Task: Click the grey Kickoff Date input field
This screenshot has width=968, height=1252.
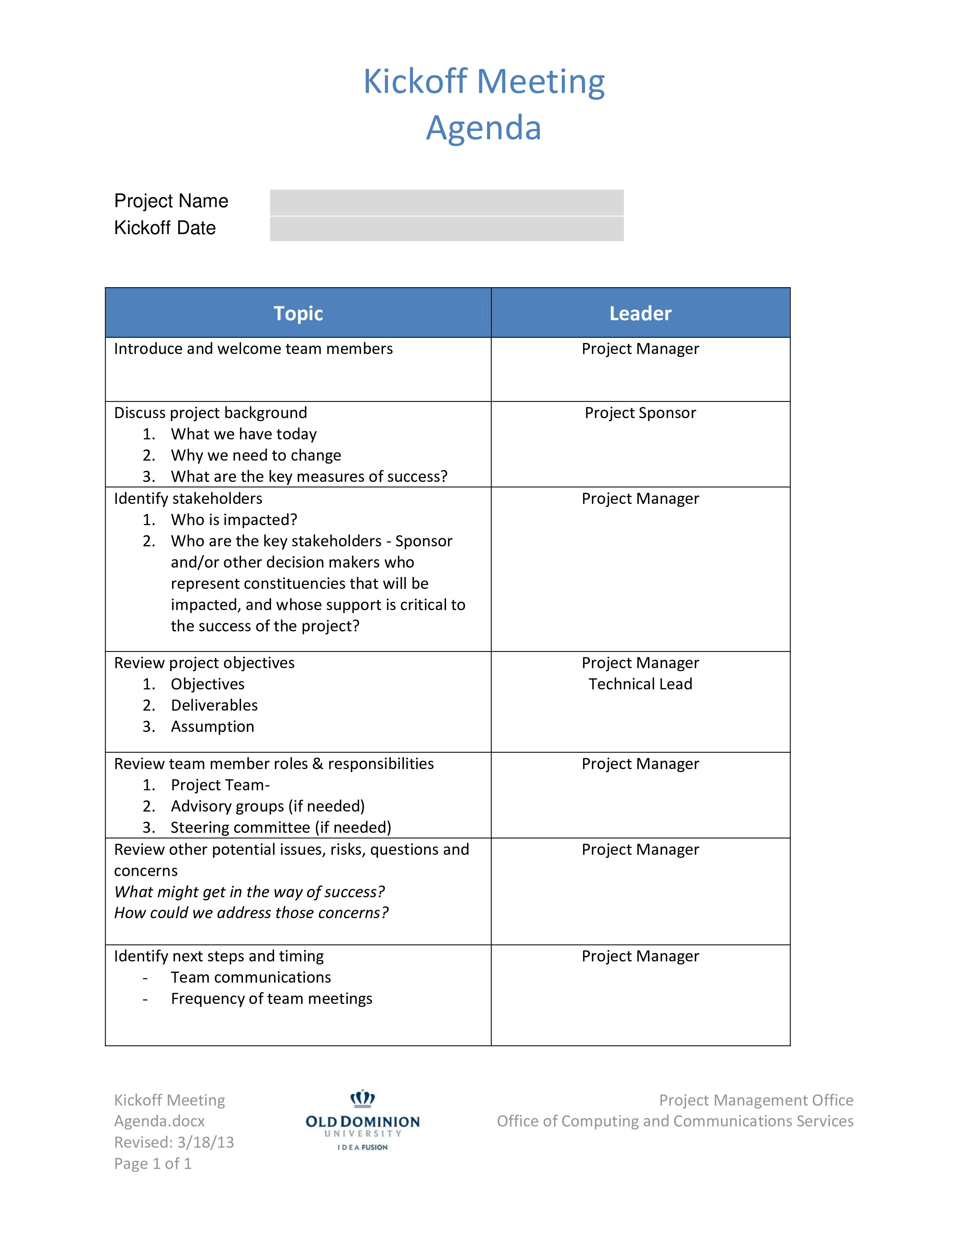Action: pos(447,229)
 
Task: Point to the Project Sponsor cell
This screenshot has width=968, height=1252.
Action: pos(640,413)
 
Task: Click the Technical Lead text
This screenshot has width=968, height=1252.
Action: pos(640,684)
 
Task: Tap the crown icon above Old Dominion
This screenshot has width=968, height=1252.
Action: pos(363,1098)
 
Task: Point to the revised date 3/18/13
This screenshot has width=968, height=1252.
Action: pos(205,1142)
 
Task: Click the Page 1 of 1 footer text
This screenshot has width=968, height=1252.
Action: pos(153,1163)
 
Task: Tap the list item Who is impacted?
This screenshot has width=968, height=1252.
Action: pos(234,520)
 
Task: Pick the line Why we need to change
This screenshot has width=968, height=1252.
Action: pos(256,455)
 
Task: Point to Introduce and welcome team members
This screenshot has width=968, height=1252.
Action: pos(254,349)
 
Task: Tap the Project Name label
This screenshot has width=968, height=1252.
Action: pos(171,201)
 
